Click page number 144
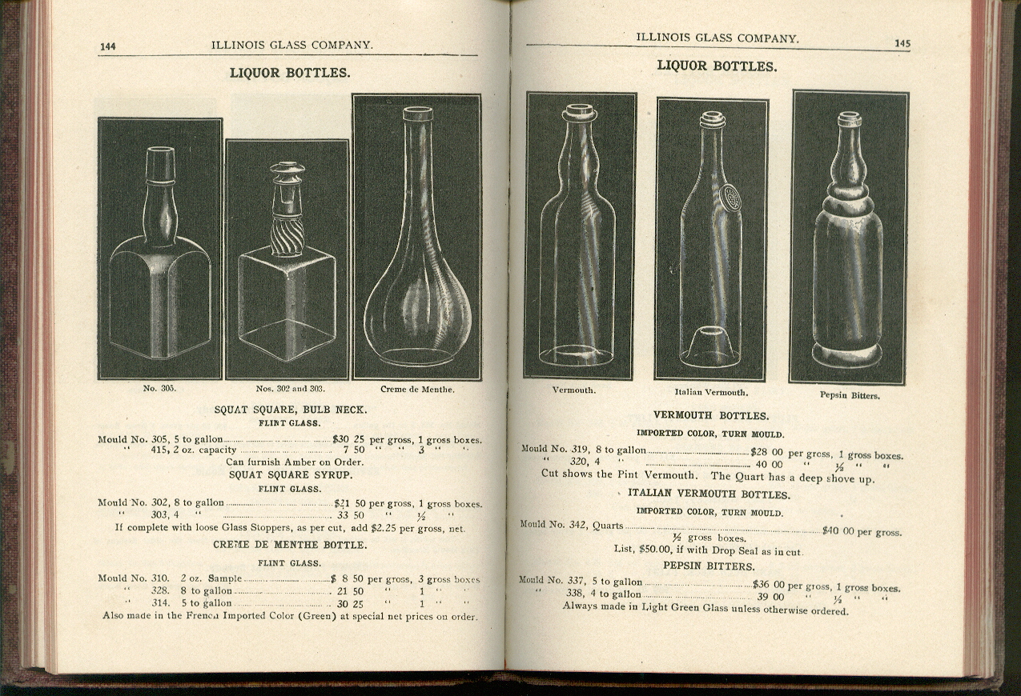[107, 46]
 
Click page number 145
[902, 44]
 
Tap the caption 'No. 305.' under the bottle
[159, 388]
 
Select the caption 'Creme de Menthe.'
[417, 389]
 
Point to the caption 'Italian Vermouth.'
[711, 392]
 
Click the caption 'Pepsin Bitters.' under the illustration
[850, 395]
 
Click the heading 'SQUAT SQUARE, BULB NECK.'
[290, 410]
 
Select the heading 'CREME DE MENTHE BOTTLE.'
[290, 545]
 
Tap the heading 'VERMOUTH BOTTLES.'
[711, 416]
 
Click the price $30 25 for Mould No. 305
[348, 439]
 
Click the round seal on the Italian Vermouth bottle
[730, 198]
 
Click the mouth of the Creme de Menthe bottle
[417, 113]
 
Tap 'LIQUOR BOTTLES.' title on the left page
[290, 73]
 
